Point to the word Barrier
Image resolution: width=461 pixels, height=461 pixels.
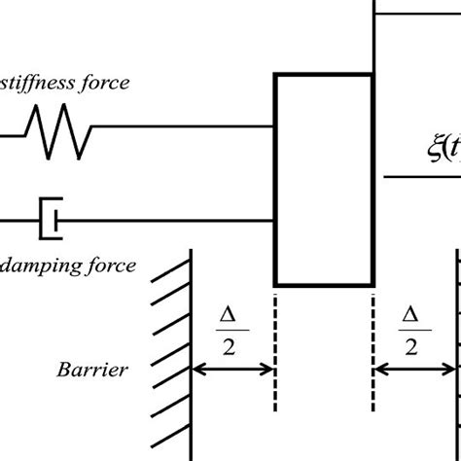click(89, 370)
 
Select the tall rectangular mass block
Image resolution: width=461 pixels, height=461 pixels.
click(325, 180)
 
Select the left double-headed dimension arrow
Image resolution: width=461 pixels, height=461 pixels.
click(233, 369)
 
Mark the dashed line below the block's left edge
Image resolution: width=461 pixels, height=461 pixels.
click(277, 370)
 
